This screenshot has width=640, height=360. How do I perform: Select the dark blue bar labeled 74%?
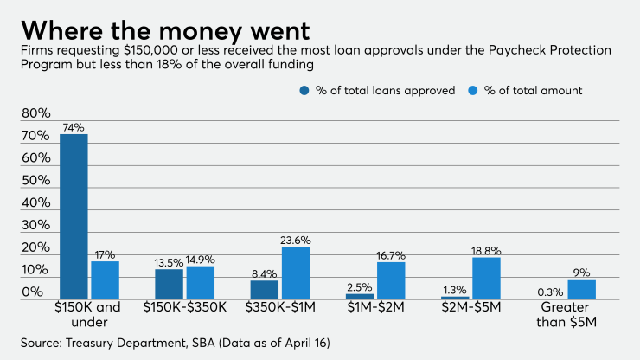(x=74, y=216)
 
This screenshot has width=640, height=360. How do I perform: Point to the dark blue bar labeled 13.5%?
(x=169, y=284)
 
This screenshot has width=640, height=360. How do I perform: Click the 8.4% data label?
(x=264, y=273)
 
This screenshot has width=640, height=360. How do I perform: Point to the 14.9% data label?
(x=200, y=259)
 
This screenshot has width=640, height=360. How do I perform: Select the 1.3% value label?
(x=454, y=289)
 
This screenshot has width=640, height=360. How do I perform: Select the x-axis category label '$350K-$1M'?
(x=279, y=306)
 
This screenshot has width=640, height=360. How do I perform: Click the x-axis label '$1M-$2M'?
(x=374, y=306)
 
